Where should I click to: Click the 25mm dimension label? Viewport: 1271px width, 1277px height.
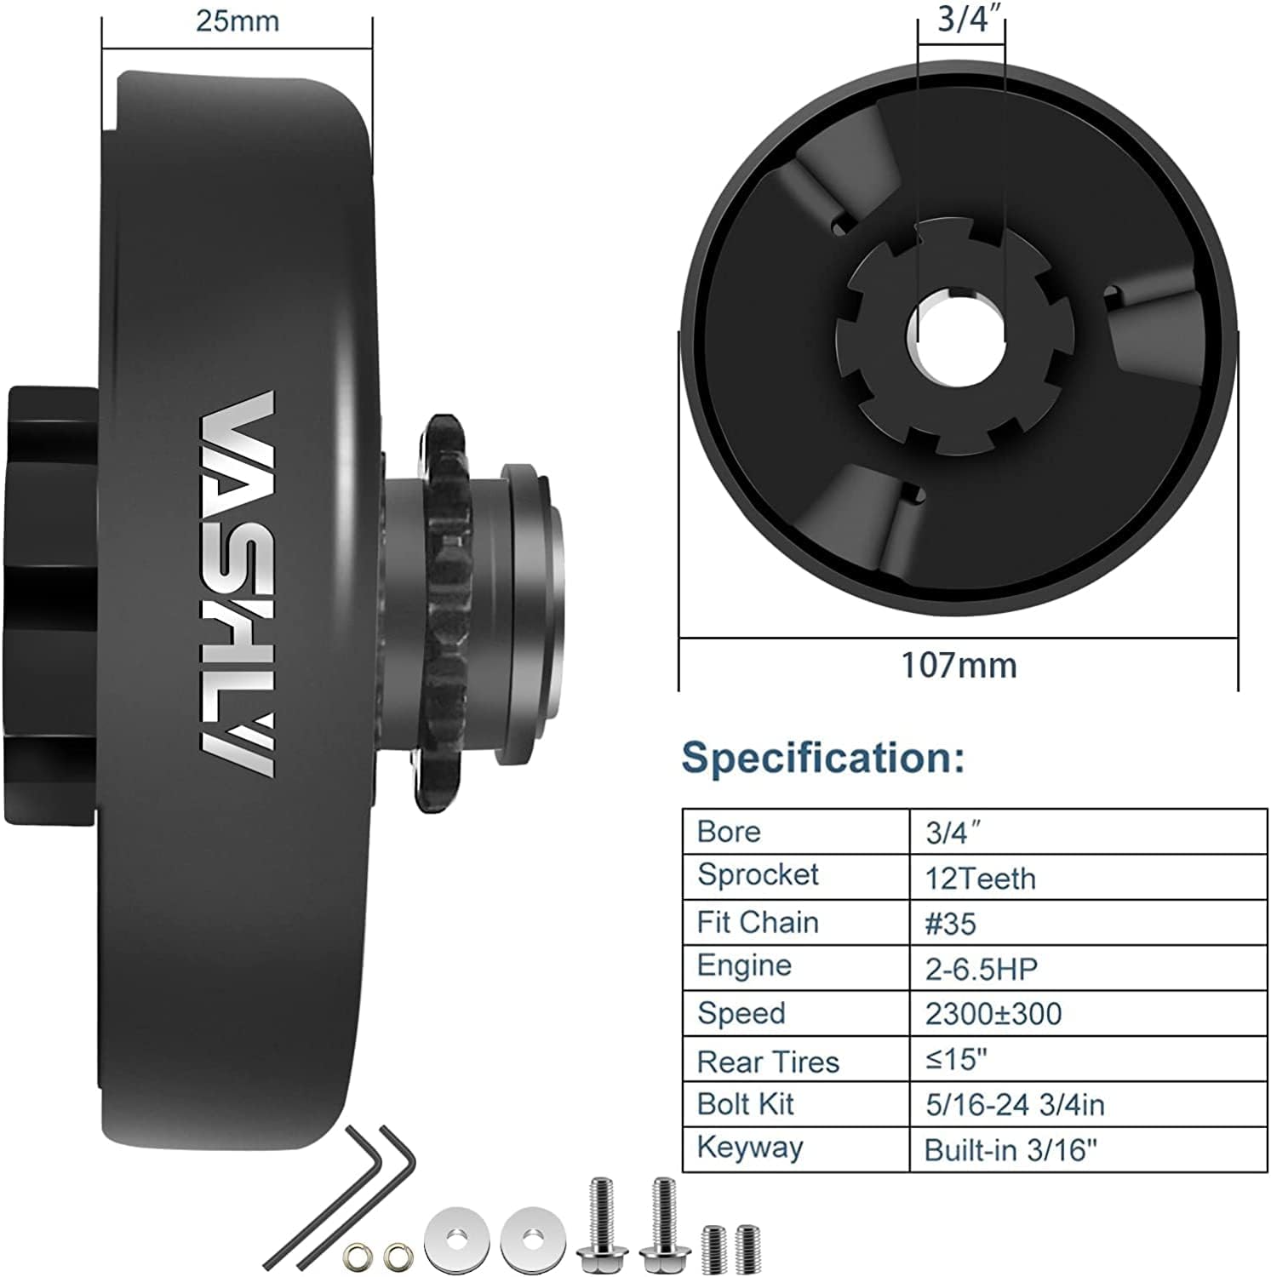coord(237,21)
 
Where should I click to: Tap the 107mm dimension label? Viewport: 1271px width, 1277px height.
coord(959,665)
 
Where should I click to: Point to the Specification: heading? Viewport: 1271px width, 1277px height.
coord(822,757)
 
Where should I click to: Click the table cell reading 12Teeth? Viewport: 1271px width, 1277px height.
coord(980,879)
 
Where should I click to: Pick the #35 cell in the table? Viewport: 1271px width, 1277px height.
coord(950,924)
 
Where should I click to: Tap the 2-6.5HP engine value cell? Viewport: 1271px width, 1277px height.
coord(981,969)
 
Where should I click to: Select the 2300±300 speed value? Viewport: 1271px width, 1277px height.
coord(993,1014)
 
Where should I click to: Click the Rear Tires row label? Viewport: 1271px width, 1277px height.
coord(767,1062)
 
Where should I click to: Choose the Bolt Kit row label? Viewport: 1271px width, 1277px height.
coord(745,1104)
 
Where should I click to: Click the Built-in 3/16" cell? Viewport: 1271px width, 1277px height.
coord(1011,1151)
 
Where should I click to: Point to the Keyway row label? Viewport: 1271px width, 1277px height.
coord(749,1148)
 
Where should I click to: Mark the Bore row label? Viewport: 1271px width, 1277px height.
coord(728,832)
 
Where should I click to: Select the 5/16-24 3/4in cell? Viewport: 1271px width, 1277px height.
coord(1014,1105)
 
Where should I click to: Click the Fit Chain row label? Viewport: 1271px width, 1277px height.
coord(757,923)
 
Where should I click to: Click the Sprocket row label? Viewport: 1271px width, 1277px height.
coord(758,875)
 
